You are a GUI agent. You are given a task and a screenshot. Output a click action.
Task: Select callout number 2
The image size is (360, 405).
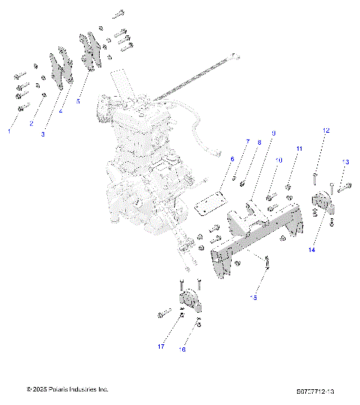(31, 124)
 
